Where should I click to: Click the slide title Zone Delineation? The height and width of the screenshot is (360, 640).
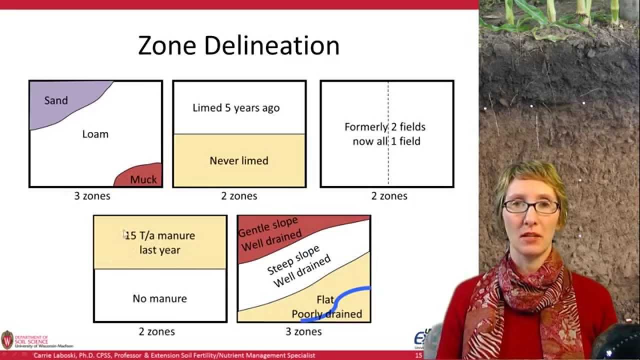(238, 45)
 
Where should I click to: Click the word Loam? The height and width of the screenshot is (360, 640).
(95, 134)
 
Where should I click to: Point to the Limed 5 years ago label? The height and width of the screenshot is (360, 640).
(236, 108)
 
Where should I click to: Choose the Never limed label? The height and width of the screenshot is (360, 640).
(238, 160)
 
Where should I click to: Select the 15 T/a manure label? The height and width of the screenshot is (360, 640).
(160, 235)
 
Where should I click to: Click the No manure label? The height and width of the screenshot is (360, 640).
(159, 298)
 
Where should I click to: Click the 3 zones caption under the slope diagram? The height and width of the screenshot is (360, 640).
(303, 331)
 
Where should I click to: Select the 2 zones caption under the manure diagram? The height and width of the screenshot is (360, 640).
(156, 331)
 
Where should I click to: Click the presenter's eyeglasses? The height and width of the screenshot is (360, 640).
(530, 206)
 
